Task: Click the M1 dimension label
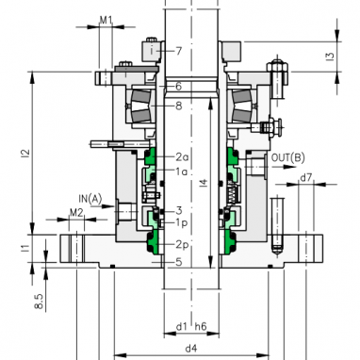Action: point(106,21)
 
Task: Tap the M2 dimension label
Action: point(76,213)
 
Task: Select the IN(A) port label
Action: point(90,198)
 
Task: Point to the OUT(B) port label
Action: point(288,157)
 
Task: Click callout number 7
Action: point(179,51)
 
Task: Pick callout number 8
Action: point(179,106)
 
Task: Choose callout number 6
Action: point(179,86)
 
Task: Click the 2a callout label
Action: point(182,156)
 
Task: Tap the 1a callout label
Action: point(182,172)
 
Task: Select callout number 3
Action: point(179,210)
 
